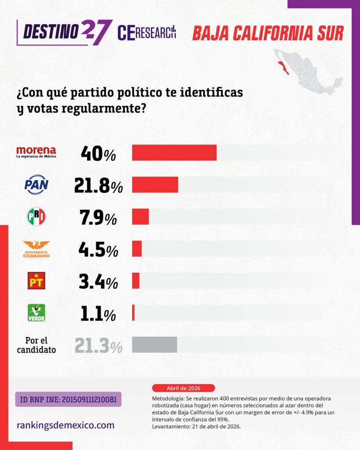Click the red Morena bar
[x=174, y=152]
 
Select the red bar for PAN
[x=155, y=185]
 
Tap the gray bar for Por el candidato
[x=154, y=345]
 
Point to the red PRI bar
[x=140, y=217]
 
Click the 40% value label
[x=98, y=153]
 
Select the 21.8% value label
[x=98, y=185]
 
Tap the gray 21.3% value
[x=98, y=345]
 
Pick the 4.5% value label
[x=98, y=250]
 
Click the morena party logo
[x=36, y=152]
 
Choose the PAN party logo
[x=36, y=185]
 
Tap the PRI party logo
[x=36, y=217]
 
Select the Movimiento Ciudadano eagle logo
[x=36, y=249]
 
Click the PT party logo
[x=36, y=281]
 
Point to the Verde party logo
[x=36, y=312]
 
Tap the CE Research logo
[x=147, y=33]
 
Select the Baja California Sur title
[x=268, y=33]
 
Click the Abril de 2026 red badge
[x=183, y=388]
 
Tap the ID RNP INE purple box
[x=68, y=399]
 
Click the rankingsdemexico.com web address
[x=65, y=425]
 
